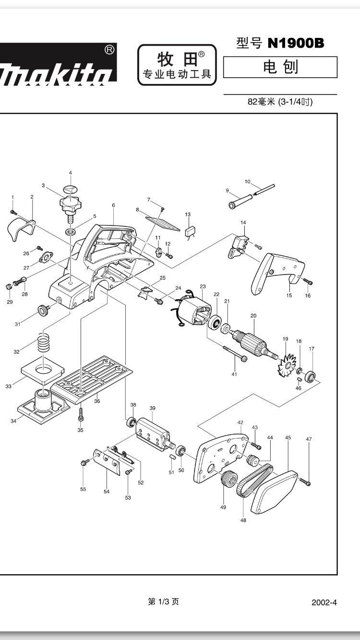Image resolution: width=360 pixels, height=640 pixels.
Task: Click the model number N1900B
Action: click(x=295, y=44)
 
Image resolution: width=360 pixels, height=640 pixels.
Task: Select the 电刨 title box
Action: click(x=280, y=67)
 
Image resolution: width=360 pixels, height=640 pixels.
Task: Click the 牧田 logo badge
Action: click(x=177, y=65)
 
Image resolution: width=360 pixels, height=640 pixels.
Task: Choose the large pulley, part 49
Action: click(x=229, y=479)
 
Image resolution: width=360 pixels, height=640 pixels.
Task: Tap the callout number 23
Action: click(x=203, y=287)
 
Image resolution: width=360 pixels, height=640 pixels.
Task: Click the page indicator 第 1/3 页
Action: click(x=164, y=602)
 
